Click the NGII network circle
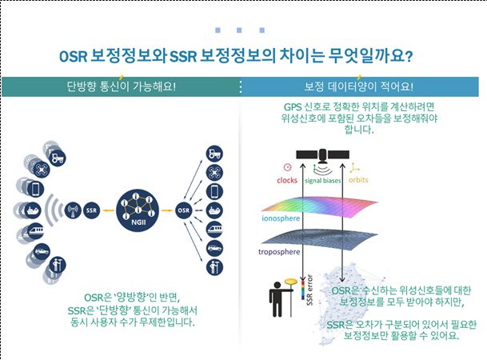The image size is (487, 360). coord(138,210)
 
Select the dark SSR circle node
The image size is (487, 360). coord(91,210)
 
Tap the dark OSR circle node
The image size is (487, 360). coord(184,210)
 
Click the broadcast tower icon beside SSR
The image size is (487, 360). coord(73,210)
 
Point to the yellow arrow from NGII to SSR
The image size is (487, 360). coord(109,210)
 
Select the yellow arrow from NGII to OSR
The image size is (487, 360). coord(167,210)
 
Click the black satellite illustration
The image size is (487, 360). coord(323,155)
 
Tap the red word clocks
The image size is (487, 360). coord(287,180)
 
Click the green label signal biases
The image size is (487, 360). coord(323,181)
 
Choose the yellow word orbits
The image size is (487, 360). coord(358,180)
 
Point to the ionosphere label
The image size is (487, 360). coord(281,218)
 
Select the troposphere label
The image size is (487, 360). coord(279,252)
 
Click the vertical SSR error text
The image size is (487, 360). coord(309,290)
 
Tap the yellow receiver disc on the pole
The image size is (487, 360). coord(291,282)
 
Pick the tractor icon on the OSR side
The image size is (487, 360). coord(214,154)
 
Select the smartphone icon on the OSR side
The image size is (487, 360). coord(214,191)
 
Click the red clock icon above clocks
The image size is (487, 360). coord(288,167)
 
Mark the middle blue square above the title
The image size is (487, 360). coord(239,30)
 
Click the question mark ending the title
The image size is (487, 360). coord(409,57)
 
